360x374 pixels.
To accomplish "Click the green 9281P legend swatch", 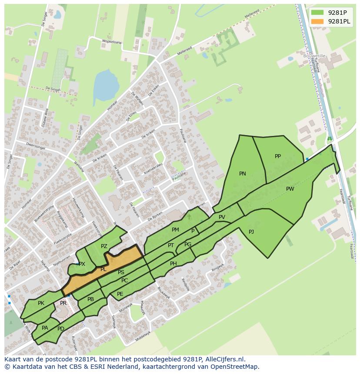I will [x=317, y=12].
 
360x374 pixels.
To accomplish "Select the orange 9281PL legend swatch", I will [x=317, y=21].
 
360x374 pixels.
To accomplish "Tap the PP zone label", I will [x=278, y=156].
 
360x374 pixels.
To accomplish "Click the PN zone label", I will [x=243, y=174].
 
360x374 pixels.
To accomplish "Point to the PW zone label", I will [x=290, y=189].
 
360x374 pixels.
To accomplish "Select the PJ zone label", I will [x=251, y=232].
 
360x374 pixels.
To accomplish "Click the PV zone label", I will [x=222, y=217].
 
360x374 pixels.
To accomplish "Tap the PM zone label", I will [x=175, y=230].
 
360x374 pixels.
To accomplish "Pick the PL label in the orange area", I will [x=103, y=269].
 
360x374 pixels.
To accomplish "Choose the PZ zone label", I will [x=104, y=246].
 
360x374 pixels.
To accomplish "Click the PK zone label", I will [x=41, y=303].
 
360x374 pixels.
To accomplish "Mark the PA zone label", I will [x=45, y=328].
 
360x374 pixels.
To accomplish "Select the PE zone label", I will [x=120, y=294].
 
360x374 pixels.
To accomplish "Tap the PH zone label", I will [x=173, y=264].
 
